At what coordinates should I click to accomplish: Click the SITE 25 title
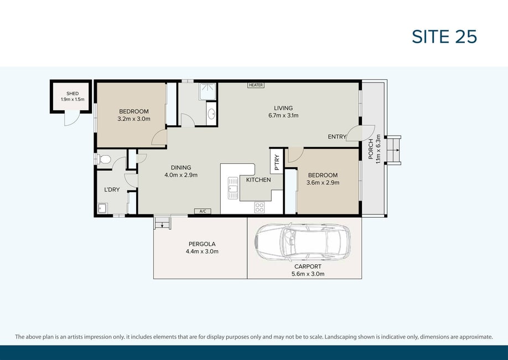[x=444, y=37]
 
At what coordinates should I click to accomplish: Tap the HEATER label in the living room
[x=256, y=85]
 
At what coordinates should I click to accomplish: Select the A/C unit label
[x=203, y=211]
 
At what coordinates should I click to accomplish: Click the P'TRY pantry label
[x=277, y=162]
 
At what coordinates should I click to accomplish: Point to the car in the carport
[x=303, y=241]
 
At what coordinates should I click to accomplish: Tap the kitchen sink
[x=232, y=188]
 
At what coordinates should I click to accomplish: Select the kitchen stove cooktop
[x=260, y=208]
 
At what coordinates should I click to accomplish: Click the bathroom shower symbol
[x=208, y=91]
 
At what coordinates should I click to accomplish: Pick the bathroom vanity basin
[x=211, y=114]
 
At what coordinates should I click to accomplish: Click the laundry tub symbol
[x=103, y=208]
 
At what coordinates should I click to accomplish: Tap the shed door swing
[x=71, y=119]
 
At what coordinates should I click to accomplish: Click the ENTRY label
[x=337, y=137]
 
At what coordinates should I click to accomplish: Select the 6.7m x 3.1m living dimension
[x=283, y=115]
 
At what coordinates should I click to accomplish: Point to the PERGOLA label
[x=202, y=244]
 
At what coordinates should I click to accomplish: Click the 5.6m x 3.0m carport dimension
[x=308, y=274]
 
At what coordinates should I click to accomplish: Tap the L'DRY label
[x=112, y=190]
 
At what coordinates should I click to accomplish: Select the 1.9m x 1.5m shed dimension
[x=72, y=99]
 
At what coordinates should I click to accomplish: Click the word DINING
[x=181, y=168]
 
